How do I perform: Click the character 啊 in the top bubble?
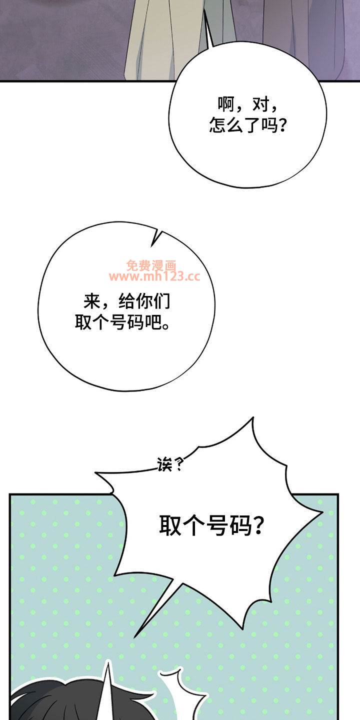pyautogui.click(x=225, y=105)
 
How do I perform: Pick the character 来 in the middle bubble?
pyautogui.click(x=93, y=301)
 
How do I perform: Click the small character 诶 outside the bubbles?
pyautogui.click(x=165, y=466)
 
